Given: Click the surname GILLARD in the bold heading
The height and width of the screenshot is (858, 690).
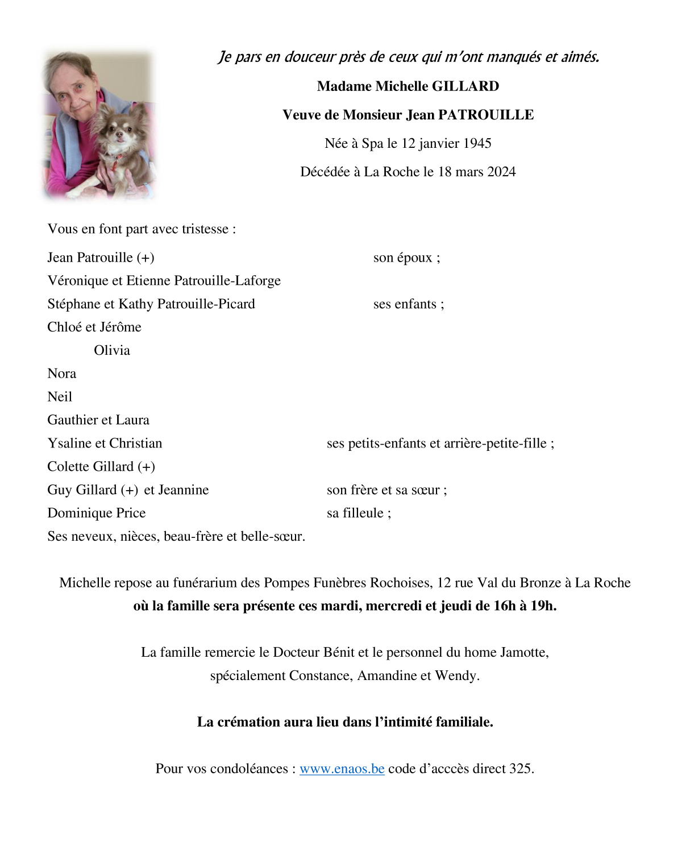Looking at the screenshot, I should tap(465, 86).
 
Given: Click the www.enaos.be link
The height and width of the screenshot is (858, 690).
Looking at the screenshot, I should tap(342, 769).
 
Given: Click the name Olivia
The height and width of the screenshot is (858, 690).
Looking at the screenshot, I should tap(112, 350).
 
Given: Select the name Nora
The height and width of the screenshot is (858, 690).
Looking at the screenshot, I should tap(61, 374).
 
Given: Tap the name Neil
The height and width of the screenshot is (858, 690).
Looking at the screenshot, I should tap(60, 397).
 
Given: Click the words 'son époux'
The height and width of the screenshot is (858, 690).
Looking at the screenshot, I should tap(403, 258).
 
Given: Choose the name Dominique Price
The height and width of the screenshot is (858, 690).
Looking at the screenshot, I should tap(97, 513).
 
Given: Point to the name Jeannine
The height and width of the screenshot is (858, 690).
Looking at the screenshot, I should tap(183, 490).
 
